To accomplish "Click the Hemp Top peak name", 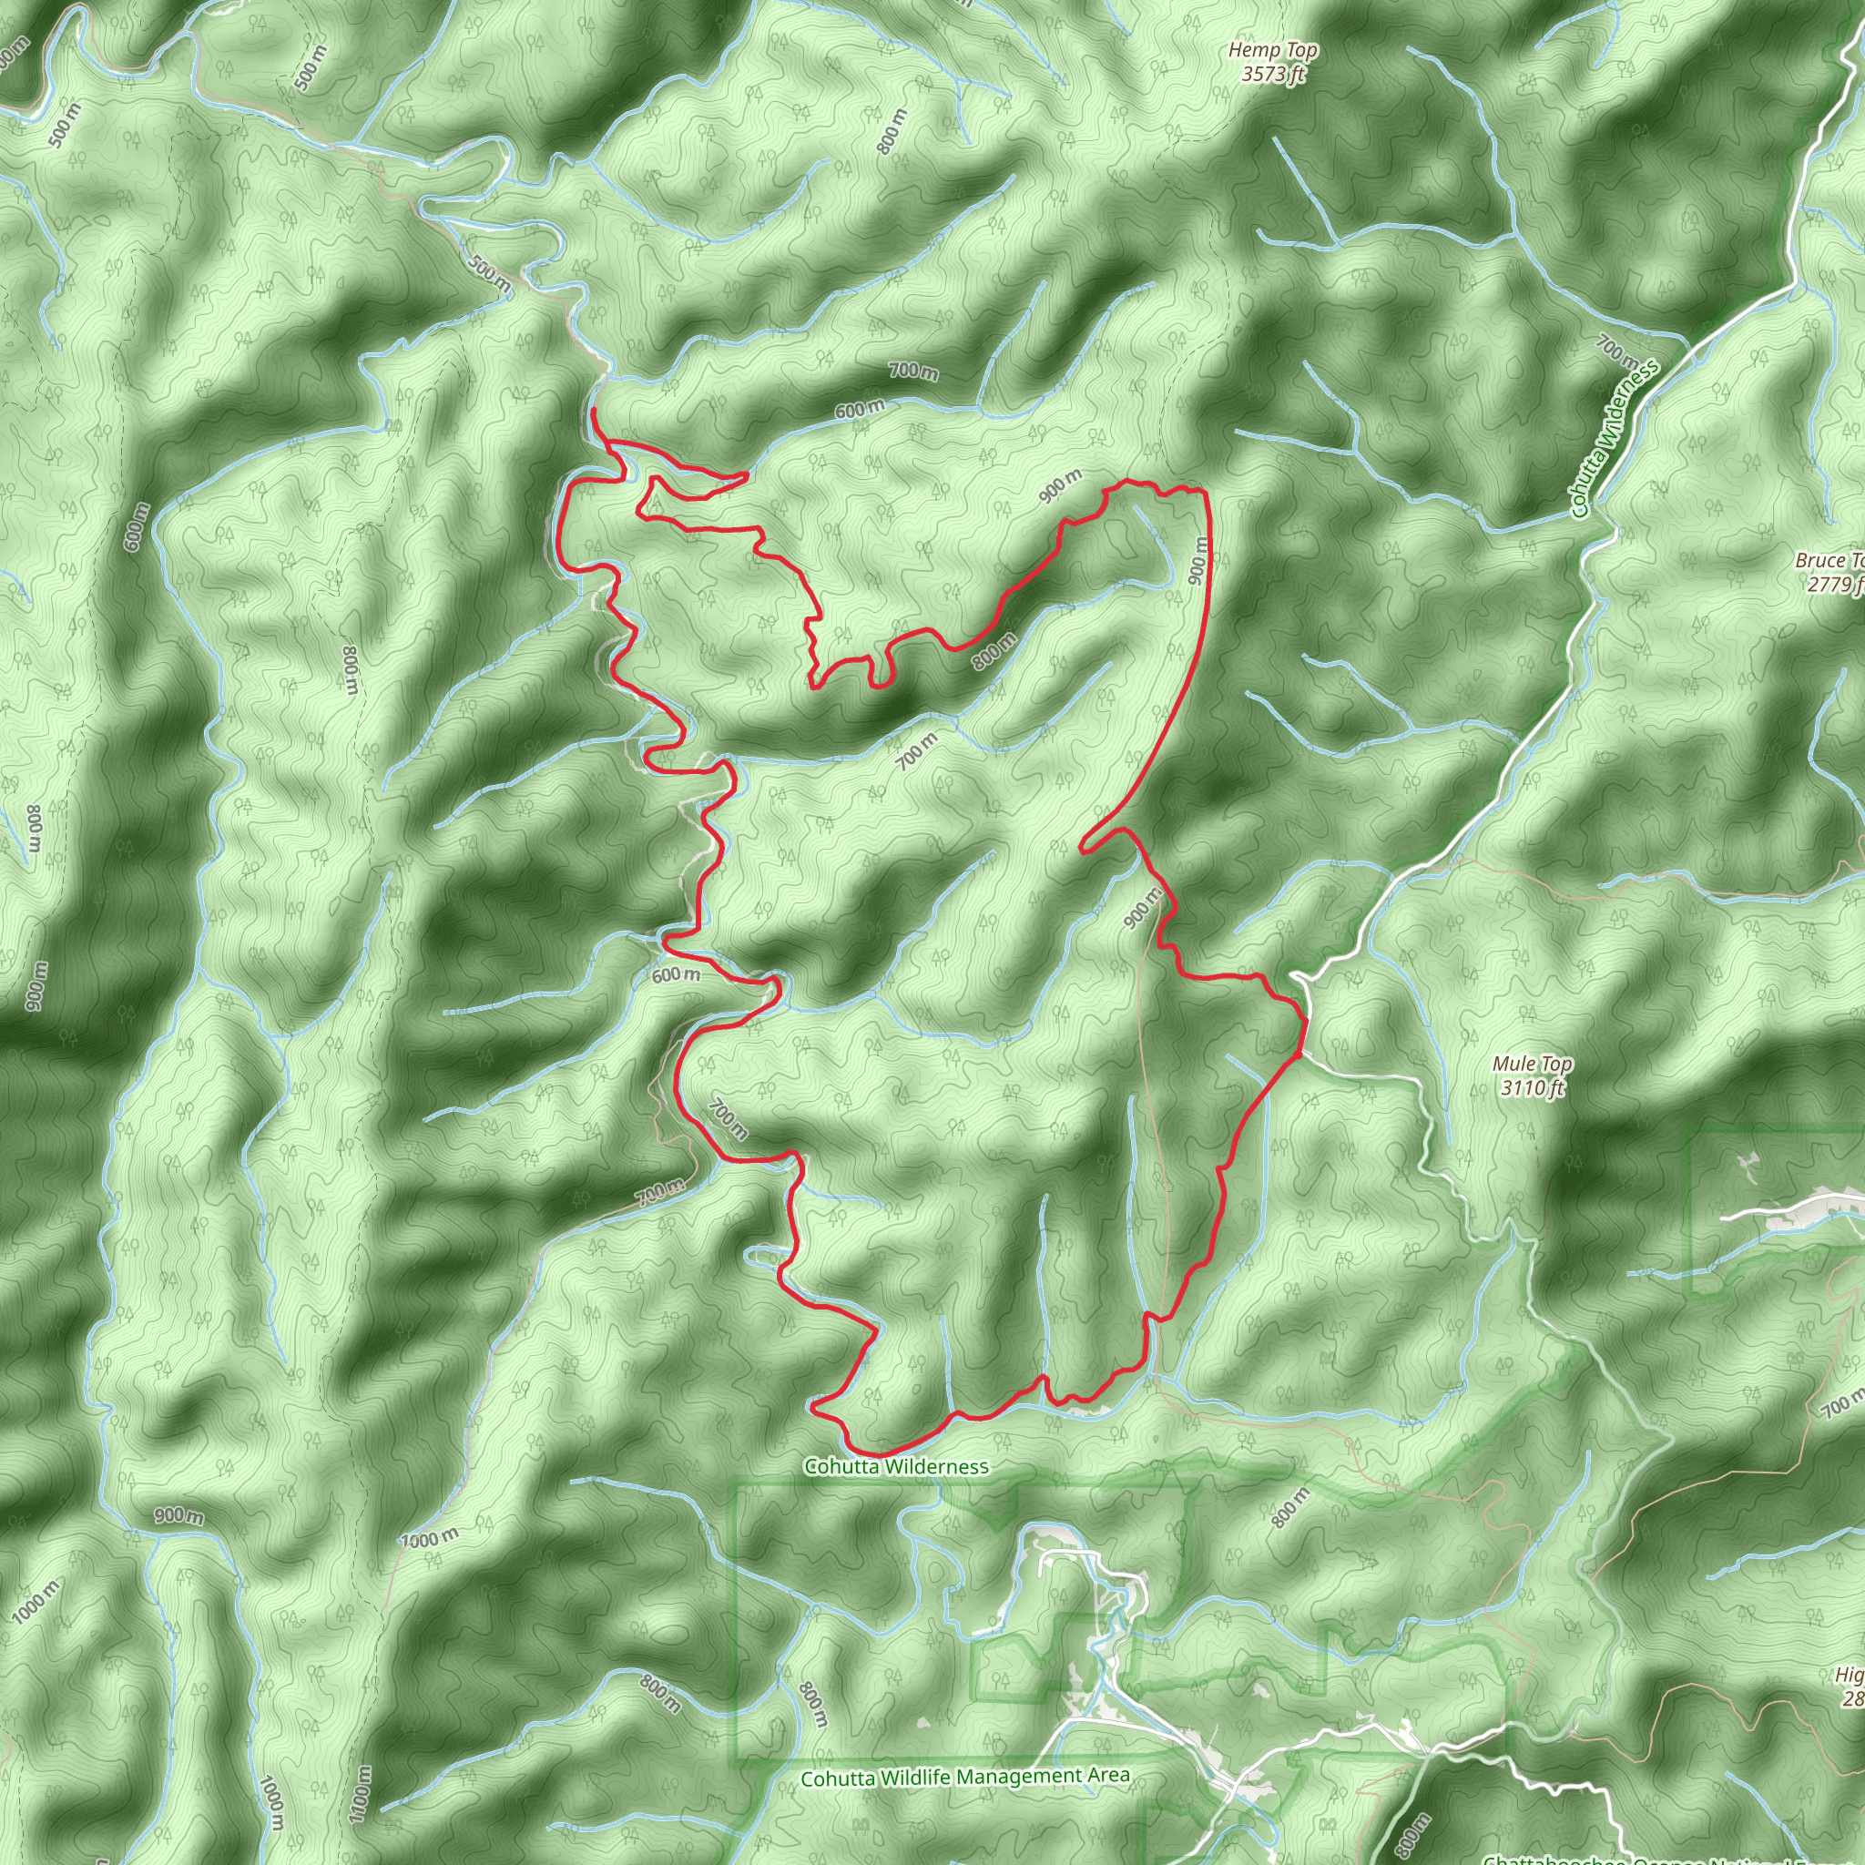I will pyautogui.click(x=1273, y=50).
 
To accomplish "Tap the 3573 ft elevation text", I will pyautogui.click(x=1273, y=74).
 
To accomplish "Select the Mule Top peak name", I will pyautogui.click(x=1532, y=1064).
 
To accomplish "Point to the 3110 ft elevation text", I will pyautogui.click(x=1532, y=1088).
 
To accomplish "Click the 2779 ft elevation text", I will pyautogui.click(x=1835, y=583).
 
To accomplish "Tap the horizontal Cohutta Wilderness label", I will pyautogui.click(x=897, y=1466).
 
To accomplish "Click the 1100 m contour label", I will pyautogui.click(x=360, y=1794).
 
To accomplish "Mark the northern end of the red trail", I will pyautogui.click(x=592, y=411).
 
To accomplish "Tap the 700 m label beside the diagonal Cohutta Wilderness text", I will pyautogui.click(x=1616, y=352).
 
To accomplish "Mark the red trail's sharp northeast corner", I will pyautogui.click(x=1204, y=492).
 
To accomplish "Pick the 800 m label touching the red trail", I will pyautogui.click(x=994, y=650).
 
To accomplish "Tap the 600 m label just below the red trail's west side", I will pyautogui.click(x=676, y=975).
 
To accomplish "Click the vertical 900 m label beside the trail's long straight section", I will pyautogui.click(x=1198, y=561).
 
